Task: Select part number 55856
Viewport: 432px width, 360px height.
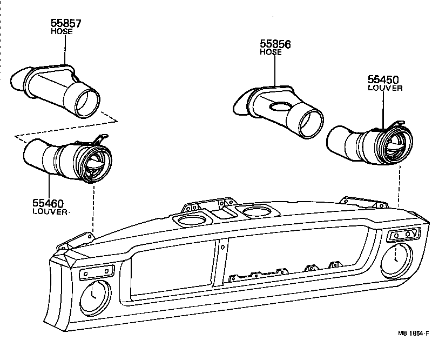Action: (x=275, y=44)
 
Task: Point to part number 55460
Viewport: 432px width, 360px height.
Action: (x=48, y=204)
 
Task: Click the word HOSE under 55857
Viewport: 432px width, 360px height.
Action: (x=61, y=32)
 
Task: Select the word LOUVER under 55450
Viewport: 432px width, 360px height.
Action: (x=385, y=88)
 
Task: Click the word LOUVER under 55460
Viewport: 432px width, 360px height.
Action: (x=50, y=212)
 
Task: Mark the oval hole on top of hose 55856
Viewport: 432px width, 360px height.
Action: (x=280, y=106)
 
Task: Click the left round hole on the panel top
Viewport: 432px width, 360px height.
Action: (x=190, y=220)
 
